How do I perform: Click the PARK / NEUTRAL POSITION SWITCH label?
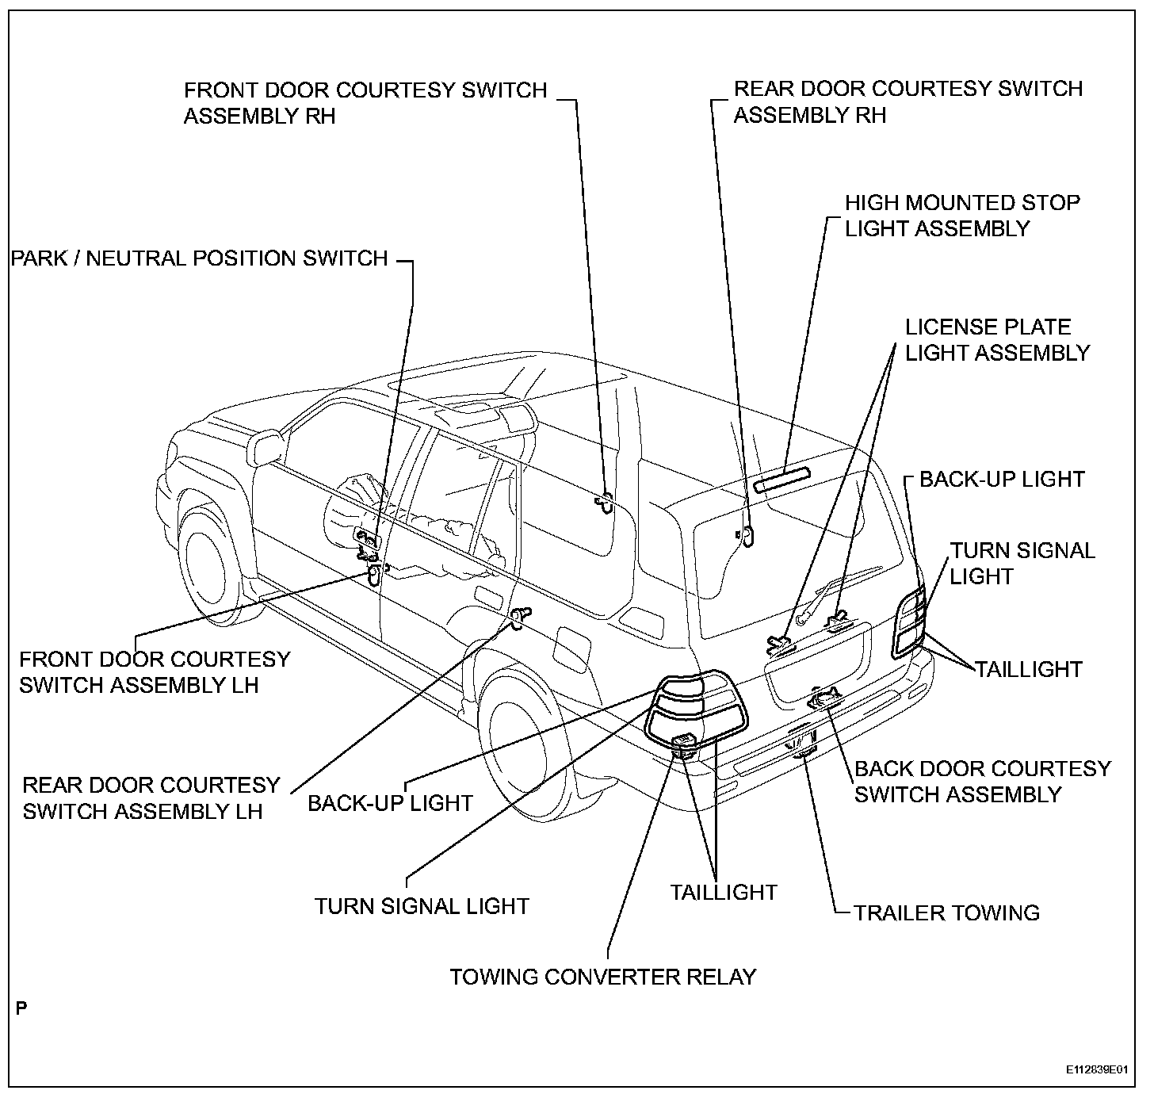coord(199,258)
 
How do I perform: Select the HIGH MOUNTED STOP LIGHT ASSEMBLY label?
coord(962,216)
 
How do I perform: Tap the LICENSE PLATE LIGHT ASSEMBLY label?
coord(998,340)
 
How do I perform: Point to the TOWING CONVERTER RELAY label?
coord(603,976)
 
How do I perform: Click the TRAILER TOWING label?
coord(946,912)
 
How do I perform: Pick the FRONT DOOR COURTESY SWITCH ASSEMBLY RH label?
coord(365,102)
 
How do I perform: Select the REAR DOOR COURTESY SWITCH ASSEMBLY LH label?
coord(151,798)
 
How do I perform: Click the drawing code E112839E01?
coord(1095,1069)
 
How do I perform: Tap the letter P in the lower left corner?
coord(21,1009)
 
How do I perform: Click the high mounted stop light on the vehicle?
coord(782,480)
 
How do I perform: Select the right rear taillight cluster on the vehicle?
coord(910,622)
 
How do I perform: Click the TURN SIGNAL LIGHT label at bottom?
coord(422,906)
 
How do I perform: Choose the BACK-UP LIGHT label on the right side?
coord(1002,479)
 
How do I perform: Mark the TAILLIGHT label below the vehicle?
coord(724,892)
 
